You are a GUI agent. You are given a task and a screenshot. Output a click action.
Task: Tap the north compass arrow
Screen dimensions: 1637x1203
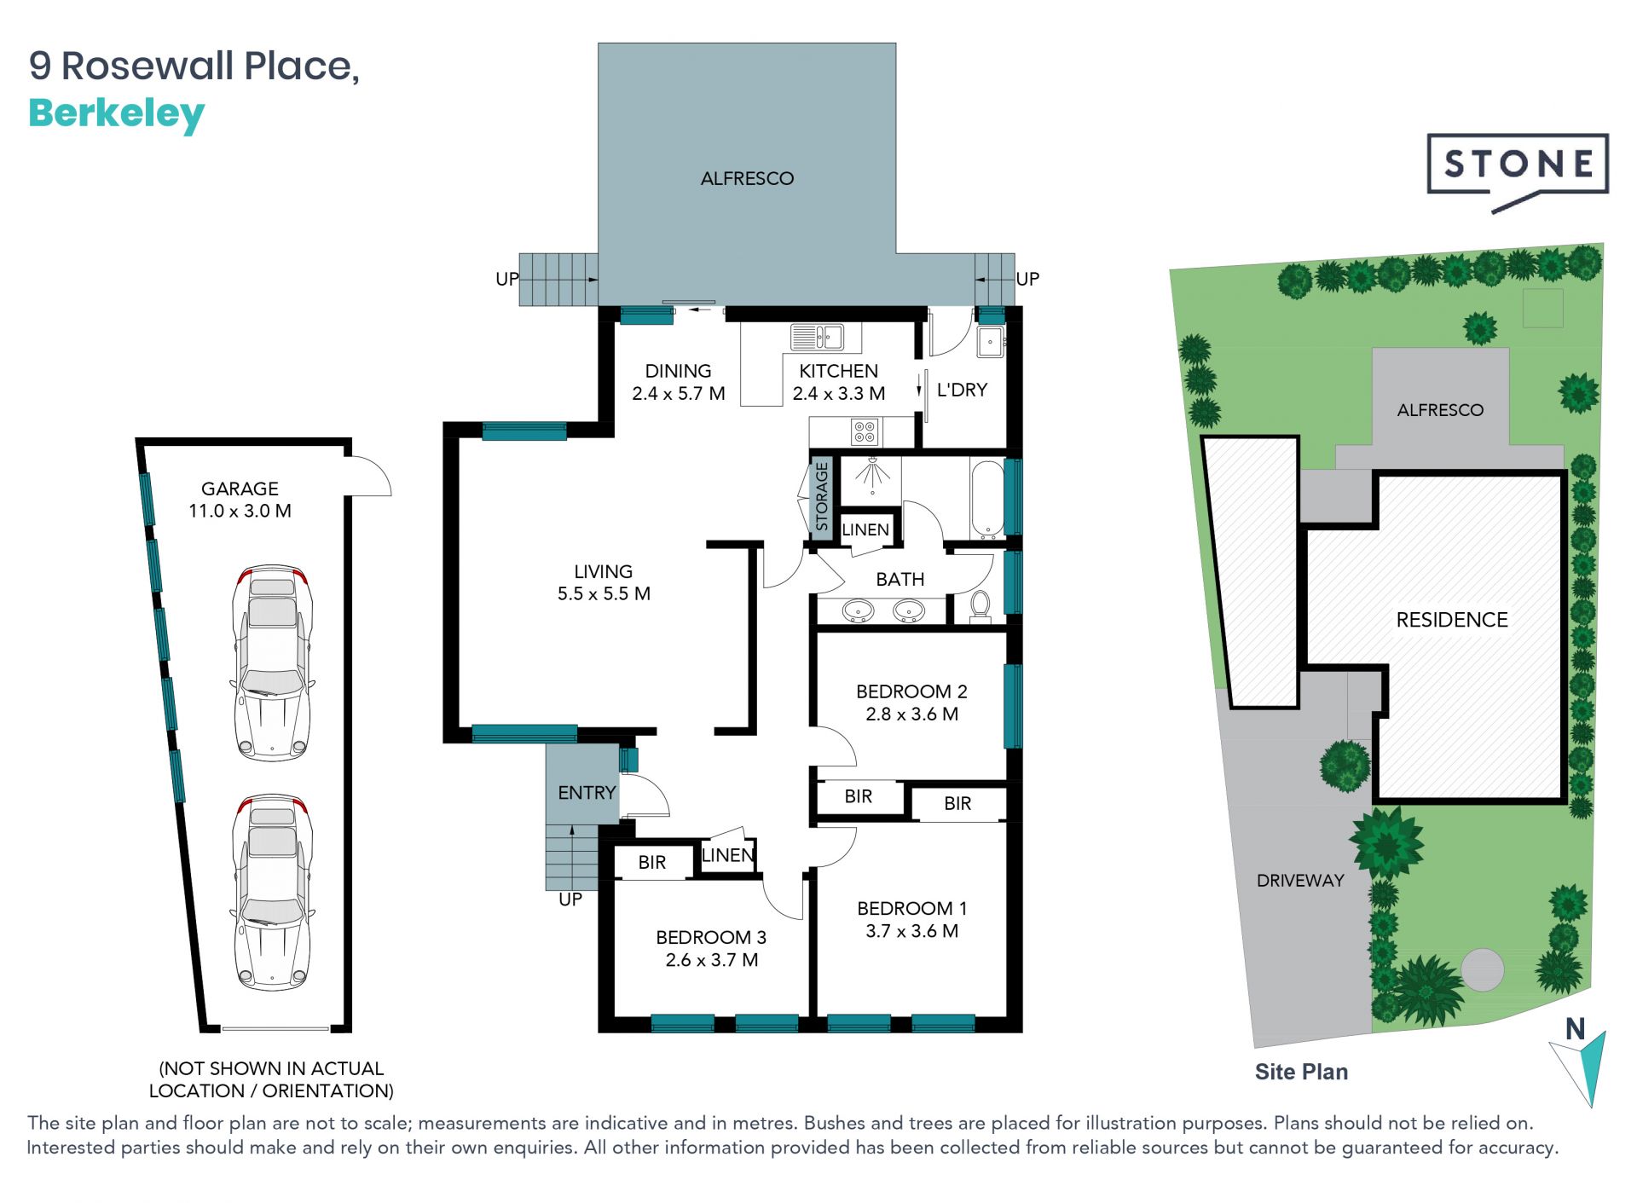(1580, 1062)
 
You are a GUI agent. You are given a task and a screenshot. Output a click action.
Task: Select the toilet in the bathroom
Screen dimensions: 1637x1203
(980, 604)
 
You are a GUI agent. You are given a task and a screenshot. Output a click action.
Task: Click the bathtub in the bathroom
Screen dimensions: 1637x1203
(987, 500)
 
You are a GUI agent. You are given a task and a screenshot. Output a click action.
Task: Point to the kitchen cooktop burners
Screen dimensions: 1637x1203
(865, 432)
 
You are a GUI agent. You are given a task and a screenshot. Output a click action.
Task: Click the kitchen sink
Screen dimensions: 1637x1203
(818, 338)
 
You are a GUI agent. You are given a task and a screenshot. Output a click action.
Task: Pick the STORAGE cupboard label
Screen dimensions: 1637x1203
(821, 496)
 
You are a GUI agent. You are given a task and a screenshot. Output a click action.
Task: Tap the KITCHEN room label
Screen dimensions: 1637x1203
(838, 371)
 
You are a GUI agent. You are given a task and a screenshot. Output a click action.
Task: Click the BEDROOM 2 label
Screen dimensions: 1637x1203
(911, 691)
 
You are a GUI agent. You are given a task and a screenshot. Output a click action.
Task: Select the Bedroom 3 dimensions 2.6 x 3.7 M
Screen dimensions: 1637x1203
(712, 960)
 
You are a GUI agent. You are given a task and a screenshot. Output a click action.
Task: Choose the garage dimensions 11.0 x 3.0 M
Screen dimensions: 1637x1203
(240, 511)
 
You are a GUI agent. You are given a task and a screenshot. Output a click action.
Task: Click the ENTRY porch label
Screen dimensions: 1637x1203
(587, 793)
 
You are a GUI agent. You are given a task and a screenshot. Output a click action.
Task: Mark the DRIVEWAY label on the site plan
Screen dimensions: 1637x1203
(1300, 881)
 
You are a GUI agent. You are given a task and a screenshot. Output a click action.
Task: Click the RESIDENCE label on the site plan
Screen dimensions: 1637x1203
(1452, 620)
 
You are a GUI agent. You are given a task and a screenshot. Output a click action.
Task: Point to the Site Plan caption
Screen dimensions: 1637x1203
(1301, 1072)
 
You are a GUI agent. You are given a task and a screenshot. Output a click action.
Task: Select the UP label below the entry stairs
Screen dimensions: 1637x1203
(570, 899)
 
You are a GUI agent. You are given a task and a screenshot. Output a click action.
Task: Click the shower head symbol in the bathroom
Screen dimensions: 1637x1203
(872, 474)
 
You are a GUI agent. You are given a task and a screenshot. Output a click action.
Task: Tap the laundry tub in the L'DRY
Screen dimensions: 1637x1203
(990, 341)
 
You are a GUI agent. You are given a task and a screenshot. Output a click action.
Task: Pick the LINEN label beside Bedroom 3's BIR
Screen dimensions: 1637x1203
(727, 855)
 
